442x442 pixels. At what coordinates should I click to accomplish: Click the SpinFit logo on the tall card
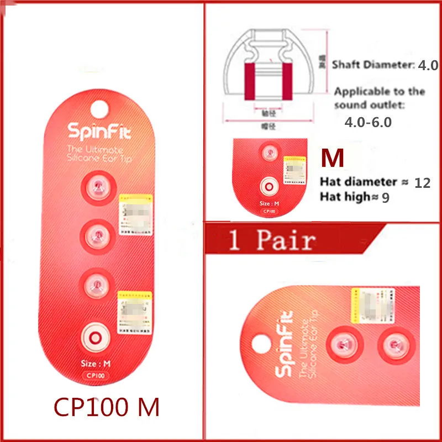(96, 131)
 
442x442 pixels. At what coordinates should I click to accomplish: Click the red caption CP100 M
(106, 407)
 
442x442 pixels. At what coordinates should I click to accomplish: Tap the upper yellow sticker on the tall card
(136, 213)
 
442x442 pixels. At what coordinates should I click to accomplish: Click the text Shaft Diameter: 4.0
(385, 65)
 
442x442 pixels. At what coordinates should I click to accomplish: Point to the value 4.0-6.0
(367, 122)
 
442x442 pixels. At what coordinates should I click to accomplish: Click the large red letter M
(333, 159)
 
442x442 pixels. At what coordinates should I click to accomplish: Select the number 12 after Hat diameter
(422, 182)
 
